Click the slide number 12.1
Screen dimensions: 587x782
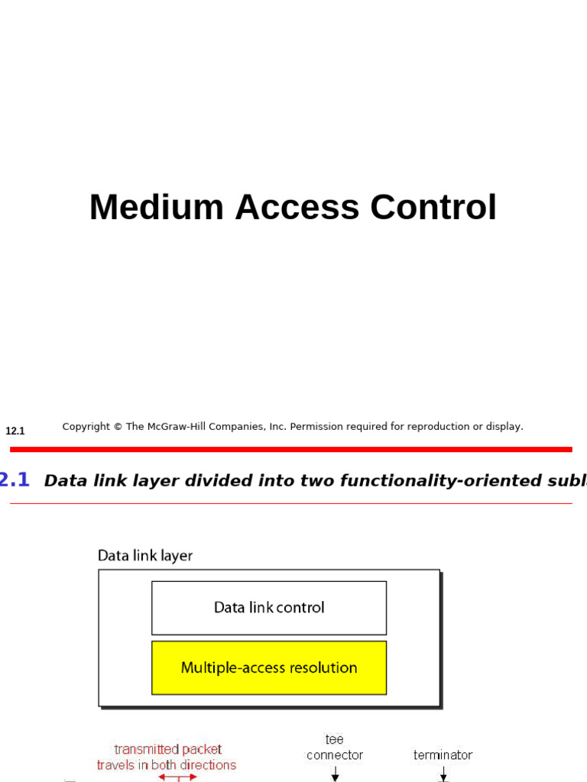coord(15,431)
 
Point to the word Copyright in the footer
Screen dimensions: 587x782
coord(86,427)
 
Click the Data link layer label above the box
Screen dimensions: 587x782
coord(145,555)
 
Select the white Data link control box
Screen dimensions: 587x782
coord(269,608)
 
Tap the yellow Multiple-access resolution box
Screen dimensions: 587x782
coord(269,667)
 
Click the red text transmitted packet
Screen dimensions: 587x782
coord(168,749)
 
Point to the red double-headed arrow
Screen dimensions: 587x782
coord(177,777)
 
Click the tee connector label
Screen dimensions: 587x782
coord(335,748)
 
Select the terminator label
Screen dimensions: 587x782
coord(443,755)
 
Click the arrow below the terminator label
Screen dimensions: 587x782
coord(443,774)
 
